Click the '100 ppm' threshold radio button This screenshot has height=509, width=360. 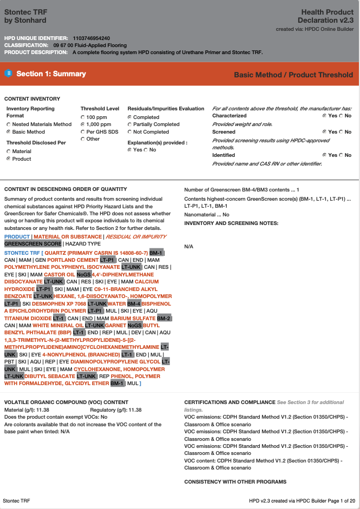click(x=83, y=117)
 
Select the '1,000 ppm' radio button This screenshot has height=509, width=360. click(x=83, y=124)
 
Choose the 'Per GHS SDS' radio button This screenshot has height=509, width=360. click(x=83, y=132)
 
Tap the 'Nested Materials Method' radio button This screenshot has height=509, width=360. click(x=9, y=124)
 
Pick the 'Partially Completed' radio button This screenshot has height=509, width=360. click(x=129, y=124)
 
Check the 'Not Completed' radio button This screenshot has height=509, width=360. click(x=129, y=132)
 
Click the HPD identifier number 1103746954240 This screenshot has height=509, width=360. click(x=91, y=38)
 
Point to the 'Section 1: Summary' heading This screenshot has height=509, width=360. click(x=51, y=74)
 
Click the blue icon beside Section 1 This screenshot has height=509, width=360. click(x=8, y=74)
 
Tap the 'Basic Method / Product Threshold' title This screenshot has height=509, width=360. click(x=293, y=75)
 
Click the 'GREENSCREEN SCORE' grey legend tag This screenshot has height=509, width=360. click(x=32, y=244)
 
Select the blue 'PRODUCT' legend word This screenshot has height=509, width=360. click(x=17, y=237)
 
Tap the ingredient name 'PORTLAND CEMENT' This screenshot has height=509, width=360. click(x=73, y=260)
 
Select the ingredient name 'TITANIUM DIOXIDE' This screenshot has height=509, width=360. click(x=28, y=319)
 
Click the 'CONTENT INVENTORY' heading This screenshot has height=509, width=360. click(x=32, y=99)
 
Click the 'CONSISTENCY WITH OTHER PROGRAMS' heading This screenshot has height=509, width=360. click(x=235, y=481)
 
